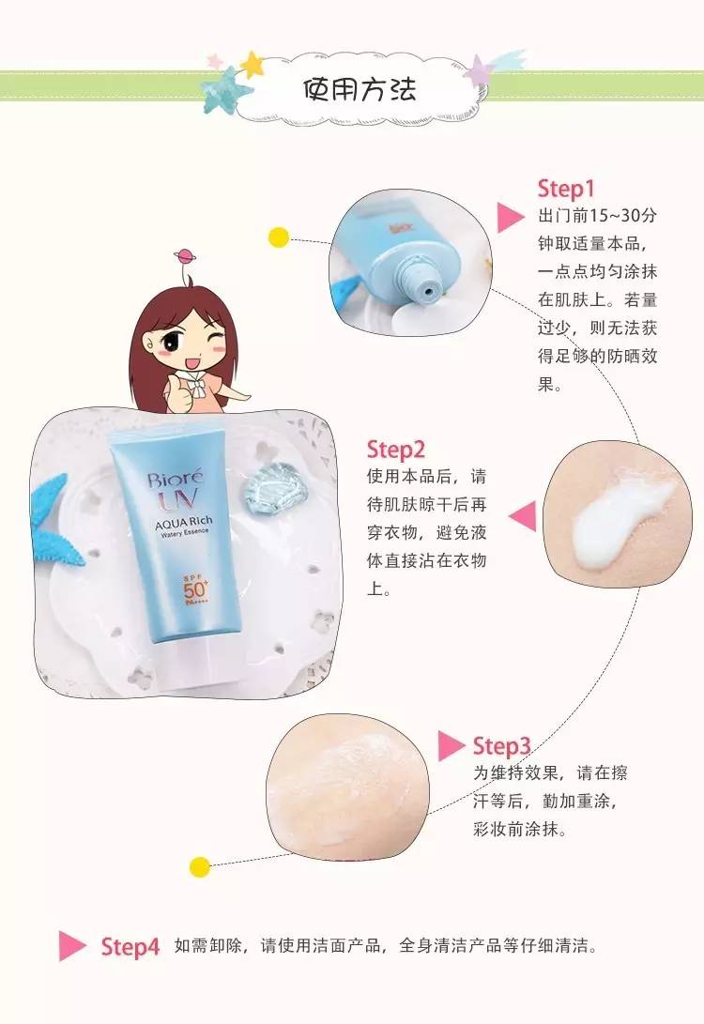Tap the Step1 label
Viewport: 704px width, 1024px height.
pyautogui.click(x=566, y=189)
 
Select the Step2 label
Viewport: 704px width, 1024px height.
pyautogui.click(x=396, y=449)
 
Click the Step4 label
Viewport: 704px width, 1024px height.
pyautogui.click(x=130, y=946)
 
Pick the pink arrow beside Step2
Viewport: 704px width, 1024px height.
pyautogui.click(x=522, y=515)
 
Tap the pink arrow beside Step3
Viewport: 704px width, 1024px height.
pyautogui.click(x=451, y=746)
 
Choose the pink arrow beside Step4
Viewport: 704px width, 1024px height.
pyautogui.click(x=72, y=945)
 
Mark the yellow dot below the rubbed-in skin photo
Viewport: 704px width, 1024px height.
pyautogui.click(x=198, y=866)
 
